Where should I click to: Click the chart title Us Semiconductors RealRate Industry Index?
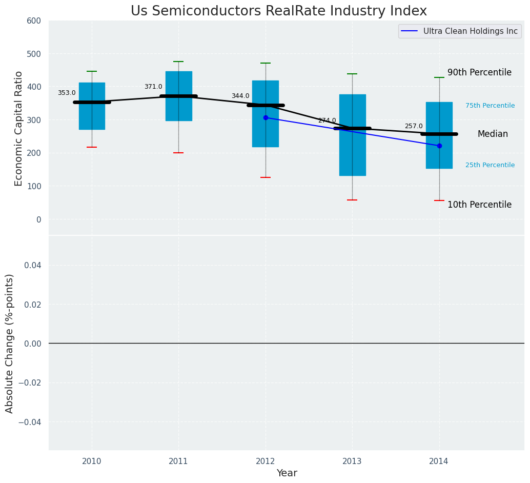pyautogui.click(x=278, y=11)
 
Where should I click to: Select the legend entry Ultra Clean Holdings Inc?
pyautogui.click(x=470, y=31)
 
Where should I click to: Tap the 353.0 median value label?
pyautogui.click(x=67, y=93)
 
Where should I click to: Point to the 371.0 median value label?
pyautogui.click(x=153, y=87)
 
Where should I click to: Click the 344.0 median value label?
pyautogui.click(x=240, y=96)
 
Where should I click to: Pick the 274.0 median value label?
pyautogui.click(x=327, y=120)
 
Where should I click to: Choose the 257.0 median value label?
pyautogui.click(x=414, y=126)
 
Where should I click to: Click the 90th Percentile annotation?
pyautogui.click(x=479, y=73)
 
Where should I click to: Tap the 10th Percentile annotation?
pyautogui.click(x=479, y=205)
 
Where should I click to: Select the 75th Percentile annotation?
pyautogui.click(x=490, y=106)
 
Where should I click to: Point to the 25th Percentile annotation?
pyautogui.click(x=490, y=165)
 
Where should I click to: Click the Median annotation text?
pyautogui.click(x=493, y=134)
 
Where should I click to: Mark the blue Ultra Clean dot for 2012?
pyautogui.click(x=266, y=117)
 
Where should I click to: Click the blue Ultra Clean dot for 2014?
pyautogui.click(x=439, y=146)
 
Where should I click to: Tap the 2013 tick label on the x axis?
pyautogui.click(x=352, y=461)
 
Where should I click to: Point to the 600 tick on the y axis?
pyautogui.click(x=34, y=21)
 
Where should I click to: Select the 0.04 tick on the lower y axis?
pyautogui.click(x=34, y=265)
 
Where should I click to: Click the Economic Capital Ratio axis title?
pyautogui.click(x=19, y=128)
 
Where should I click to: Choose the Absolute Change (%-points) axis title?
pyautogui.click(x=10, y=343)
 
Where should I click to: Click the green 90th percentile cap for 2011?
pyautogui.click(x=178, y=62)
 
